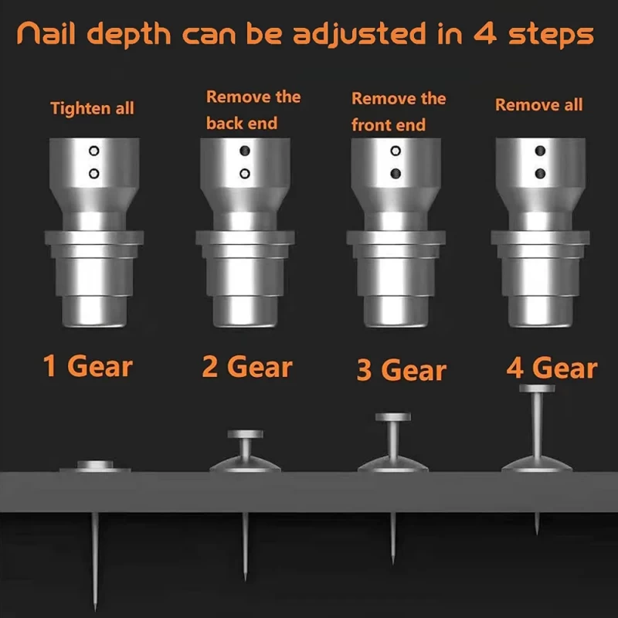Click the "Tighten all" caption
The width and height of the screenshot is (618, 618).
(x=92, y=108)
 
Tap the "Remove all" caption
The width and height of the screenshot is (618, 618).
(x=538, y=105)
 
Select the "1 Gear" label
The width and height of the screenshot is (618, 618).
(x=87, y=366)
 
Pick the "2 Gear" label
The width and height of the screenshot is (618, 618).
(x=247, y=367)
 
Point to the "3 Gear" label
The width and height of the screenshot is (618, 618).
(x=401, y=370)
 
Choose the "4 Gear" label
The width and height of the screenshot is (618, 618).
(x=552, y=368)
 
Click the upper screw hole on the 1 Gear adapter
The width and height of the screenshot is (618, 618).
(x=93, y=151)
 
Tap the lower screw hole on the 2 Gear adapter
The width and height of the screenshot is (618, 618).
(x=245, y=173)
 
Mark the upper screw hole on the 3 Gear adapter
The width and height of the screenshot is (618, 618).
(x=396, y=151)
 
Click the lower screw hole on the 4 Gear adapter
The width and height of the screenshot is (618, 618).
(x=540, y=173)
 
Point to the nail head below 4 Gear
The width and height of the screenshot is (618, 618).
(x=537, y=389)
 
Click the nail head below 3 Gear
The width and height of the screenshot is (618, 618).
(x=393, y=417)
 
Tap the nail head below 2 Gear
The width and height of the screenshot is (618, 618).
(x=245, y=434)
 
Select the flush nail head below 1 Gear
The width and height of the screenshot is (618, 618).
(x=95, y=465)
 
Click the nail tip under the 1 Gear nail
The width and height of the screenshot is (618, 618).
(x=95, y=610)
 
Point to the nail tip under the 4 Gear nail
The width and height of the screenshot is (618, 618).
(x=537, y=534)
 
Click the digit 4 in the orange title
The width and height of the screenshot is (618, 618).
(x=485, y=34)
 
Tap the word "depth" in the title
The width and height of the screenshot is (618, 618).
(x=129, y=35)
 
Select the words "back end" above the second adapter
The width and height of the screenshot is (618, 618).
(x=242, y=124)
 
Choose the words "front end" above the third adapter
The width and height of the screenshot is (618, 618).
(x=389, y=125)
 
